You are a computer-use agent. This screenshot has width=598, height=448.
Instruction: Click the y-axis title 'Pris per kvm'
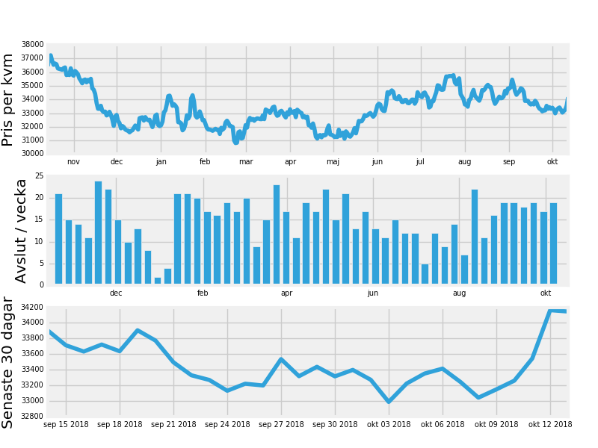[7, 100]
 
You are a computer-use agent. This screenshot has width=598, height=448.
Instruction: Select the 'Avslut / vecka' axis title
[21, 231]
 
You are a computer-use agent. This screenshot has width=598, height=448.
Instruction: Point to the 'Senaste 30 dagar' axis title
[7, 363]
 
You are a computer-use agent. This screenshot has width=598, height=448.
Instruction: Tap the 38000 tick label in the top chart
[32, 44]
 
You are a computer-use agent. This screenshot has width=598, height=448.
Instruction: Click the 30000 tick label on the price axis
[32, 154]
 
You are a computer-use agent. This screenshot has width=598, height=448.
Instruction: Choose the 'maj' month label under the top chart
[333, 162]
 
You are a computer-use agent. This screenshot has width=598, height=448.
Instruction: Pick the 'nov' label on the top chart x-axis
[73, 161]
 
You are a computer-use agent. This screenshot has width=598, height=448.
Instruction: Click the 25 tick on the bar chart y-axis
[40, 176]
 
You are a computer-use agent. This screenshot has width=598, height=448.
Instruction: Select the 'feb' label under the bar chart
[203, 293]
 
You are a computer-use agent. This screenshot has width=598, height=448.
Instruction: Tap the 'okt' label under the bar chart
[546, 293]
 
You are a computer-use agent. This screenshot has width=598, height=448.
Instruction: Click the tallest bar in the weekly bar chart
[99, 232]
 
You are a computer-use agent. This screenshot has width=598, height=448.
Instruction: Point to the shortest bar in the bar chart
[158, 281]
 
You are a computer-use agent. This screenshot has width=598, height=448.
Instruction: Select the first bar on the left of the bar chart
[59, 239]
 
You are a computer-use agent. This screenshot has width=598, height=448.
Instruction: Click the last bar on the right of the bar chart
[553, 243]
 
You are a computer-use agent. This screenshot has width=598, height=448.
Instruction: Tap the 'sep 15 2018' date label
[66, 424]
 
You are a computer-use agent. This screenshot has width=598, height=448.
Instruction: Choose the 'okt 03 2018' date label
[389, 424]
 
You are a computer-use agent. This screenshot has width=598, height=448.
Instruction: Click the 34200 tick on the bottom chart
[32, 307]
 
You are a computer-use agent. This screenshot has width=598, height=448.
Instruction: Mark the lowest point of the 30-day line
[389, 402]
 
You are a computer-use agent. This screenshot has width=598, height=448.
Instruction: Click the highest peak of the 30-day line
[550, 311]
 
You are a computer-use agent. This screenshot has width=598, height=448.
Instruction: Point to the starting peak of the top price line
[51, 55]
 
